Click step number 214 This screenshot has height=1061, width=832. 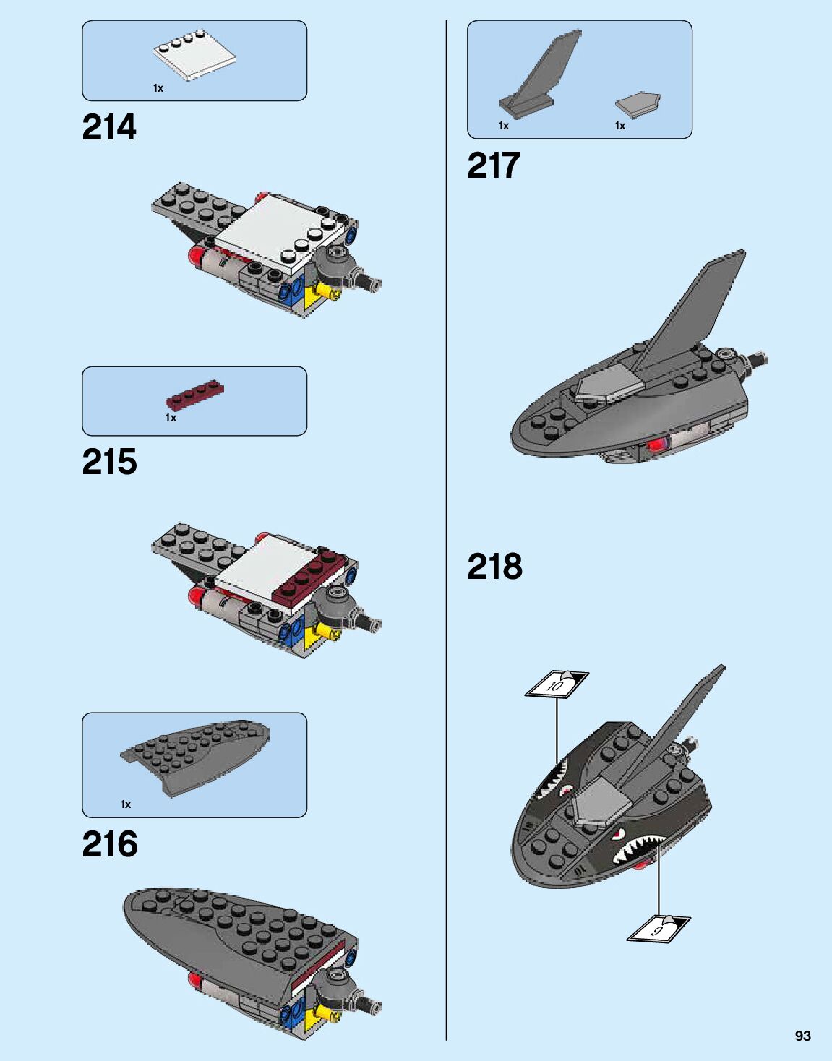109,128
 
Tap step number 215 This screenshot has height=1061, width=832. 109,463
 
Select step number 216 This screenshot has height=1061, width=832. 110,844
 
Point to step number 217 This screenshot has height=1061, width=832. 494,166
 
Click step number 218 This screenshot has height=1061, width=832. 494,567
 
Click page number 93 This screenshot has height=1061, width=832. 802,1036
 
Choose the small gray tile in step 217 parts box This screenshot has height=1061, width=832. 638,104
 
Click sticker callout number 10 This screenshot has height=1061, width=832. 556,684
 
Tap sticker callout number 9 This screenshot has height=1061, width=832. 658,928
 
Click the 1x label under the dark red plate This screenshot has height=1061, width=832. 171,418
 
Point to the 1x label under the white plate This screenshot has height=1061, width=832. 158,88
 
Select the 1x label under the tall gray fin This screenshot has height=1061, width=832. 504,126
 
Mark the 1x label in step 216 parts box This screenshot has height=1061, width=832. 126,804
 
